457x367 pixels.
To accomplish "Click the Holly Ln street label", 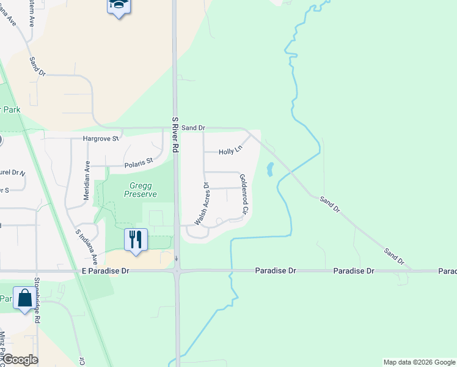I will click(x=230, y=150).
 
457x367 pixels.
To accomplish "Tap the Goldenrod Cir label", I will click(x=243, y=193).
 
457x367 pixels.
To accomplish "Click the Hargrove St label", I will click(x=100, y=139).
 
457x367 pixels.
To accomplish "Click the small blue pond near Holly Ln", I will click(x=269, y=169).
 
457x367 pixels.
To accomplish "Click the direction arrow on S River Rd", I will click(x=177, y=259).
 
